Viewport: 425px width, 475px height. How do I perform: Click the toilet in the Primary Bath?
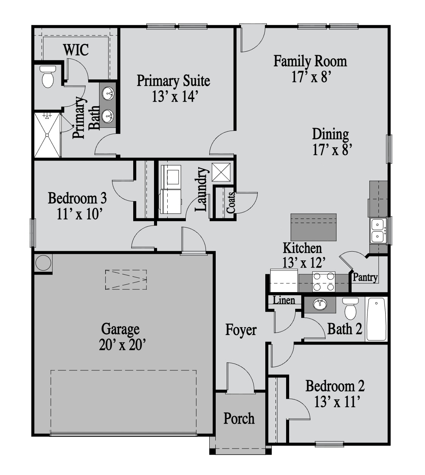(x=48, y=77)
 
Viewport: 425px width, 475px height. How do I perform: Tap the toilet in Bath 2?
(x=350, y=308)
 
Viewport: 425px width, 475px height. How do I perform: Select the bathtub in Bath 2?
(x=376, y=319)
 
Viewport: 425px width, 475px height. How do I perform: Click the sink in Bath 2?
(x=320, y=305)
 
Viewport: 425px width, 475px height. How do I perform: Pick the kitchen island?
(x=313, y=227)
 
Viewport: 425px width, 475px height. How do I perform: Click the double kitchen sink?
(x=378, y=231)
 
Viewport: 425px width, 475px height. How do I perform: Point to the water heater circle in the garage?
(x=43, y=263)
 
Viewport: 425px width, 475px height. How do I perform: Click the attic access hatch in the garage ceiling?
(x=126, y=280)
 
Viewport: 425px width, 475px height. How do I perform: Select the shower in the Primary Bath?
(x=47, y=135)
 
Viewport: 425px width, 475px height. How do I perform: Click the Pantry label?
(x=365, y=277)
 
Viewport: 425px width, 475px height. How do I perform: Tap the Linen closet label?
(x=284, y=300)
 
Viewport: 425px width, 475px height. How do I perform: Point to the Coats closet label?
(x=231, y=203)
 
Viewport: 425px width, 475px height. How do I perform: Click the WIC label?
(x=76, y=50)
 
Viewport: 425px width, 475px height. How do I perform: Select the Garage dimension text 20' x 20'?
(x=122, y=345)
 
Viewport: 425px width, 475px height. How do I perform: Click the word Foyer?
(x=241, y=330)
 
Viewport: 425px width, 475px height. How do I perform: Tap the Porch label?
(x=239, y=418)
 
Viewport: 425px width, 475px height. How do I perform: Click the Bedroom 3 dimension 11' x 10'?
(x=79, y=214)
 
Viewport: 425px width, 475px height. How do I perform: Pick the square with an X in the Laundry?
(x=221, y=172)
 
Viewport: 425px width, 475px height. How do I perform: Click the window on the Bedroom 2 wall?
(x=329, y=444)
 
